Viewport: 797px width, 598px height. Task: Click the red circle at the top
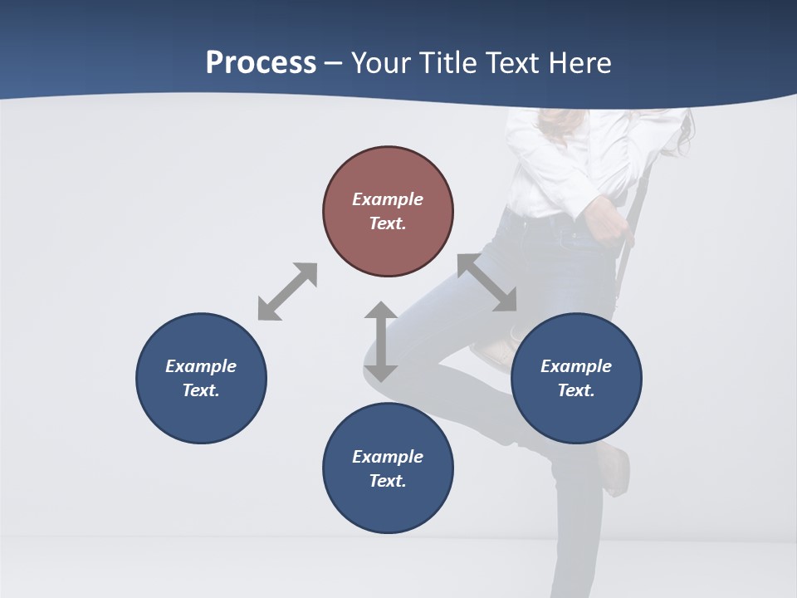[388, 212]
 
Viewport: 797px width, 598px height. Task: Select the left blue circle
[201, 378]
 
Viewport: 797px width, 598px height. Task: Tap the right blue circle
[576, 378]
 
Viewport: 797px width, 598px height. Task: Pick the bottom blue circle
[388, 468]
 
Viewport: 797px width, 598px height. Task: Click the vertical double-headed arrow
[380, 341]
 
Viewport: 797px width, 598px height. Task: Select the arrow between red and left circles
[287, 292]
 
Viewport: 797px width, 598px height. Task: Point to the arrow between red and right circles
[487, 283]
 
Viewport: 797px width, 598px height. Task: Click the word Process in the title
[261, 63]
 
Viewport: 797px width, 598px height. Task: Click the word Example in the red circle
[388, 199]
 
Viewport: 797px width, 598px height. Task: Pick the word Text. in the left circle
[201, 390]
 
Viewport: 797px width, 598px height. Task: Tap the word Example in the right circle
[576, 365]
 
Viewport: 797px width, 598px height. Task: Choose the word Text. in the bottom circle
[388, 481]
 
